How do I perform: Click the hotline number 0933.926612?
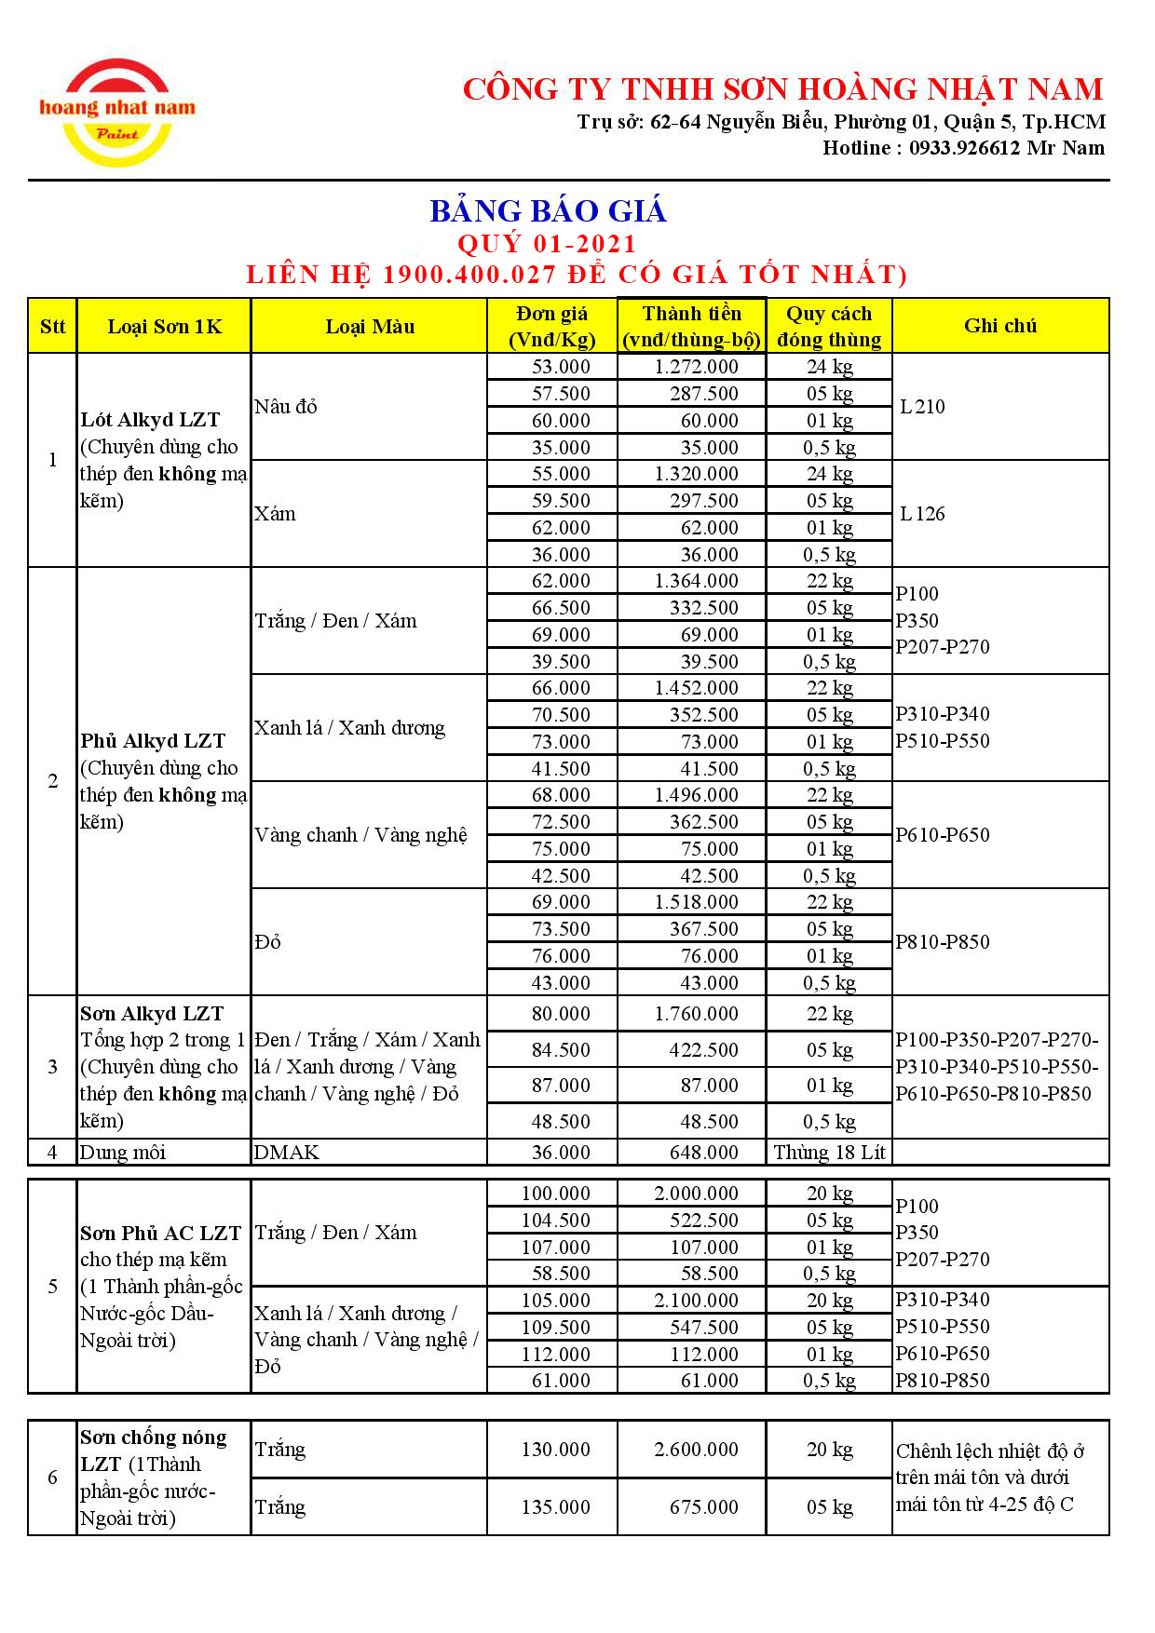pos(964,148)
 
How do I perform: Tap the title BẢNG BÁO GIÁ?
pos(548,211)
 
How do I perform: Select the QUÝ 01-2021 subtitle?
pos(547,244)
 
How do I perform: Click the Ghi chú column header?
pos(1000,326)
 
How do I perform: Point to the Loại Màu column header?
pos(369,326)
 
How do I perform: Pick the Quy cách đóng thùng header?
pos(829,326)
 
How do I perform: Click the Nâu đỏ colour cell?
pos(286,407)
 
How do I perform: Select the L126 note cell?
pos(922,514)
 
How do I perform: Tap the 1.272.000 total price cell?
pos(696,367)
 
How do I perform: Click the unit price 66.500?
pos(561,608)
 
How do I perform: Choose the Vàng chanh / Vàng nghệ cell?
pos(360,835)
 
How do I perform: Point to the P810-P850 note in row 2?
pos(942,942)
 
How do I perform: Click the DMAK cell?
pos(287,1153)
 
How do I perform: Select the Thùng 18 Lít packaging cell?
pos(829,1153)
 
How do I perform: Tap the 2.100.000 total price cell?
pos(696,1301)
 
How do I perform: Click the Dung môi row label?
pos(123,1153)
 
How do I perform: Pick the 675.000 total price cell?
pos(703,1507)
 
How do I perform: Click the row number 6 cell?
pos(52,1478)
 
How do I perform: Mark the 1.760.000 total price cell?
pos(696,1014)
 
